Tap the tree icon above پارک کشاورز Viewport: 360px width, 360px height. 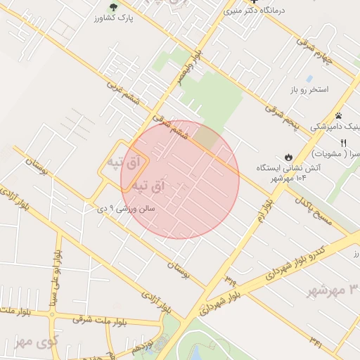point(113,7)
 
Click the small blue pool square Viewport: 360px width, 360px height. point(309,77)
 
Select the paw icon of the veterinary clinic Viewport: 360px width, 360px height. point(338,115)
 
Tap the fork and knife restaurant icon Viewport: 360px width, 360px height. point(342,143)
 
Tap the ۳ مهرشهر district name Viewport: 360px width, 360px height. point(335,290)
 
